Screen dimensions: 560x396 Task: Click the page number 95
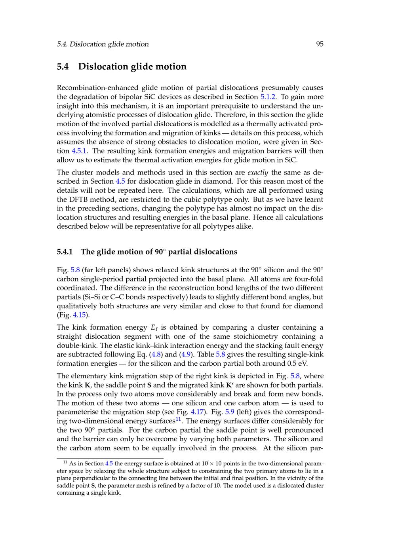pos(320,44)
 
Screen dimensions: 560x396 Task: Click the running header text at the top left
pos(103,44)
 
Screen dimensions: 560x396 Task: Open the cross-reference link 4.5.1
pos(79,151)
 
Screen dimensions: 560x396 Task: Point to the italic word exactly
pos(258,173)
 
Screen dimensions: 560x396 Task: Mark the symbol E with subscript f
pos(154,328)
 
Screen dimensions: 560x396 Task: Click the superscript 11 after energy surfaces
pos(178,419)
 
